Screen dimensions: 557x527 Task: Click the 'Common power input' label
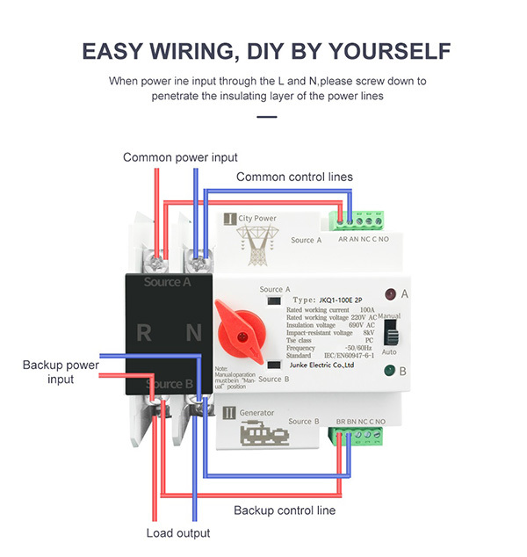180,157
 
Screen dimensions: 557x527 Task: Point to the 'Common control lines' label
294,177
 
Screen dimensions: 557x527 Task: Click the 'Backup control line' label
284,510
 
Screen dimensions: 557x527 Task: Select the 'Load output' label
178,533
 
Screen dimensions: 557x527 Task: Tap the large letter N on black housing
193,333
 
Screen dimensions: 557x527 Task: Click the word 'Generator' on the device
256,412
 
